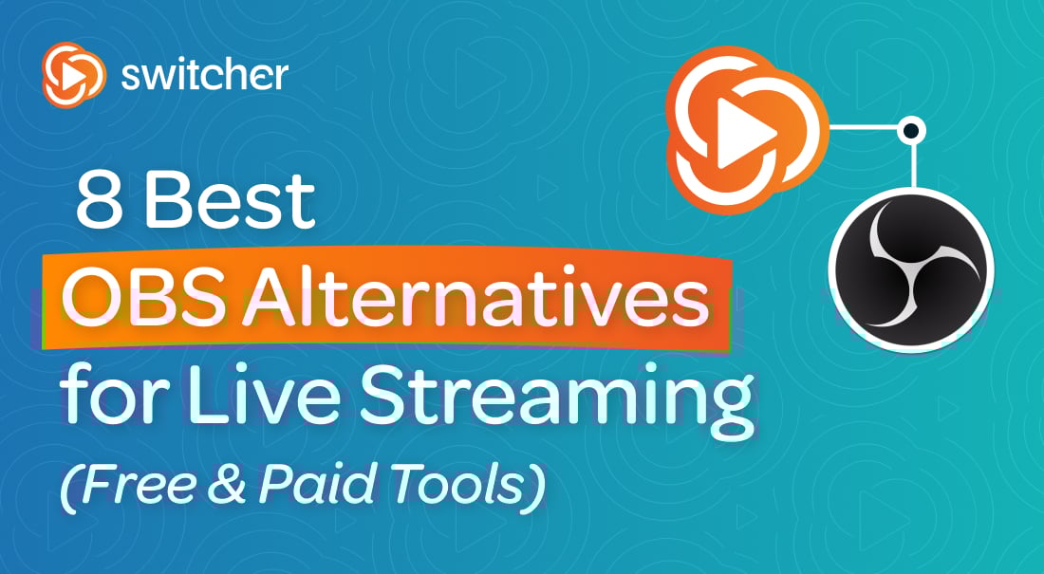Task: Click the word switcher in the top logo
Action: coord(204,75)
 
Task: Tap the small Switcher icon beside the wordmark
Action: coord(73,75)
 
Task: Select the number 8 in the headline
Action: coord(100,201)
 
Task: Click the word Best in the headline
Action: coord(231,201)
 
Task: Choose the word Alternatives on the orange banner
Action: coord(475,300)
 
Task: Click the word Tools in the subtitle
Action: coord(457,484)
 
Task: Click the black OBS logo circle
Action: coord(911,270)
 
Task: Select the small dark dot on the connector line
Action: coord(911,129)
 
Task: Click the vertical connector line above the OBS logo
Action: coord(913,166)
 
